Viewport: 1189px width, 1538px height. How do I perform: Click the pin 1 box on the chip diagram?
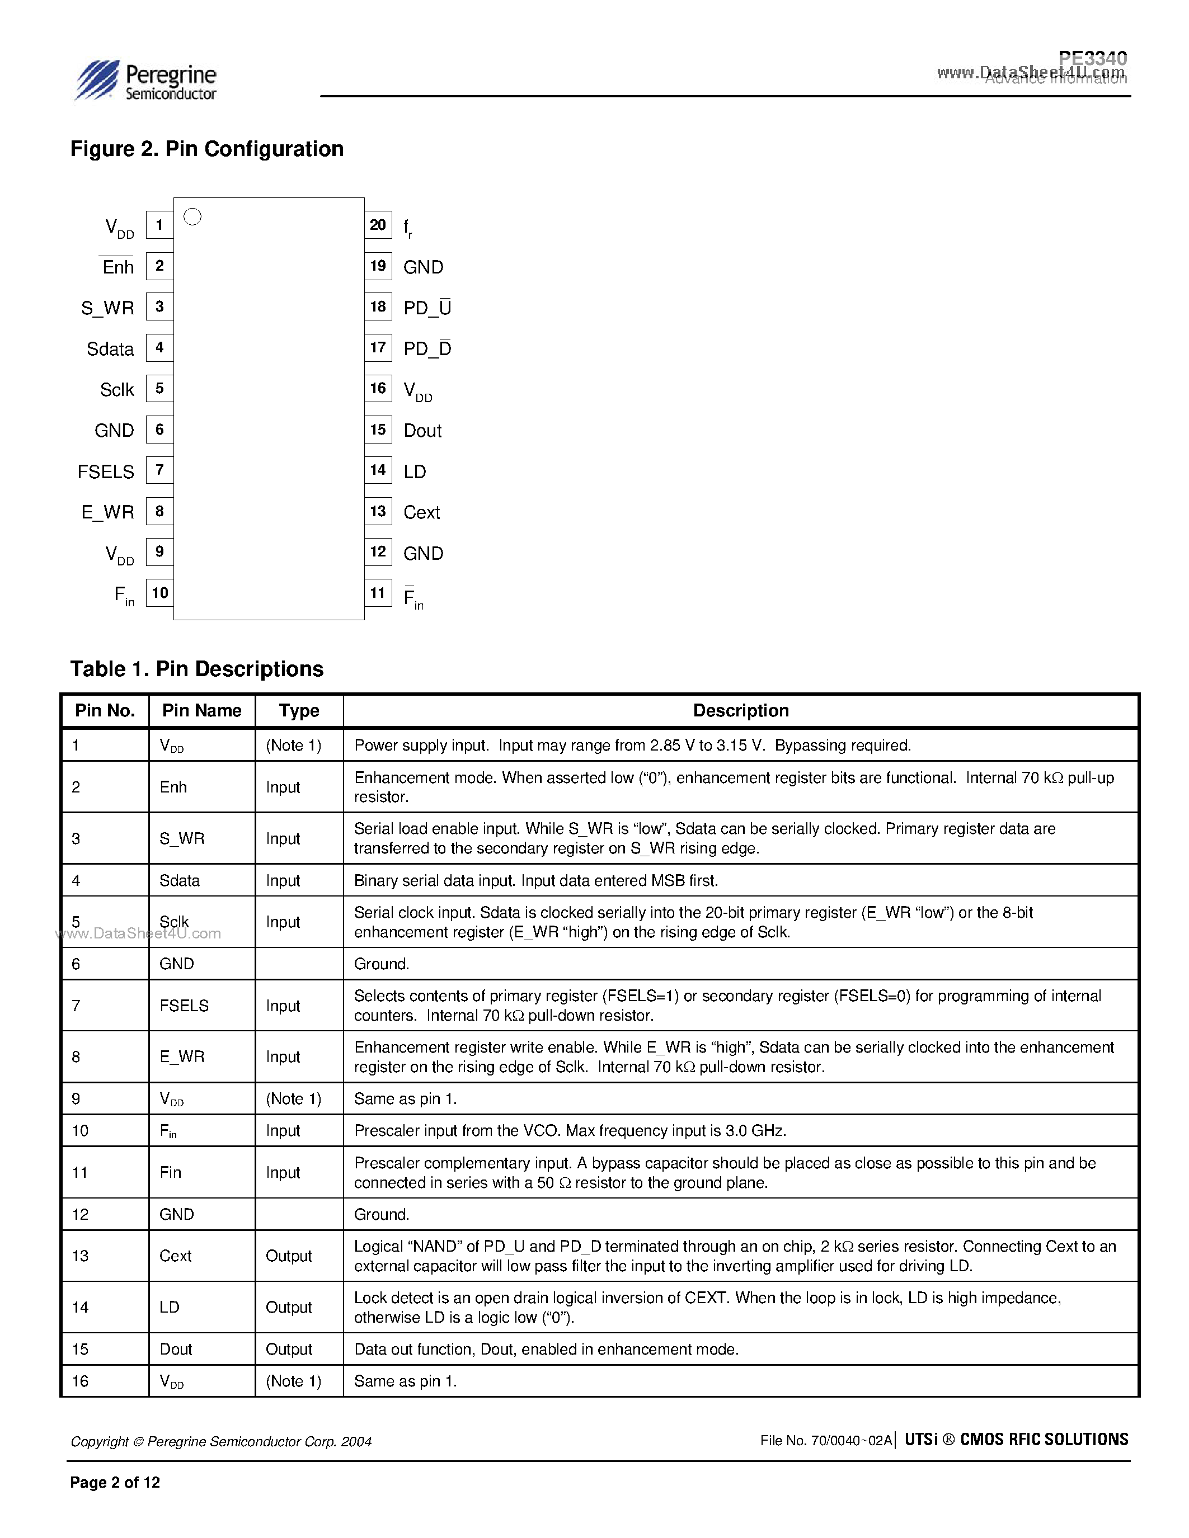coord(160,225)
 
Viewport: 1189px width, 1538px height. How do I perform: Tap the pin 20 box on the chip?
coord(378,225)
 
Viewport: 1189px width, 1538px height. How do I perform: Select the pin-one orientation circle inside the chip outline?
coord(192,217)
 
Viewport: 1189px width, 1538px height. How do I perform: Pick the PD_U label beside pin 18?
coord(427,308)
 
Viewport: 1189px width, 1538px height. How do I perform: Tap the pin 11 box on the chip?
coord(378,593)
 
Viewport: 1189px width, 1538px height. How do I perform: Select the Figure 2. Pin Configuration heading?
coord(207,149)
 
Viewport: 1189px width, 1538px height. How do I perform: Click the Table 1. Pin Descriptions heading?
coord(196,669)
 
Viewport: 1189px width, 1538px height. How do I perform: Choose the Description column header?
coord(740,710)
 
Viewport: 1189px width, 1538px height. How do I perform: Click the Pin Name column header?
coord(201,710)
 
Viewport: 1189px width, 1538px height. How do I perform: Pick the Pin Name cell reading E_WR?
coord(182,1056)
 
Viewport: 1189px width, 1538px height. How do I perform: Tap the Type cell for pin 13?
coord(288,1256)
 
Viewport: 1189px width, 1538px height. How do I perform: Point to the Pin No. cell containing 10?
coord(81,1130)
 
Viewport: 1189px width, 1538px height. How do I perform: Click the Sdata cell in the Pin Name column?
coord(180,880)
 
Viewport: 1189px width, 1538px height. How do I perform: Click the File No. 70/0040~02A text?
coord(825,1441)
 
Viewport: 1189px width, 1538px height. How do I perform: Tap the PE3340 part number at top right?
coord(1093,58)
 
